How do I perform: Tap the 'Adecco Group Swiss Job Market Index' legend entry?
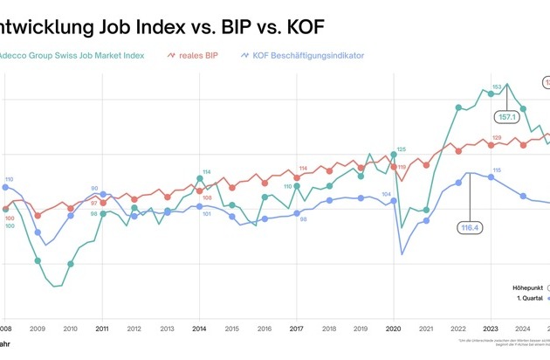pos(74,55)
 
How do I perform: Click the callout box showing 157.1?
pos(507,115)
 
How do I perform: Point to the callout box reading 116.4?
pos(471,227)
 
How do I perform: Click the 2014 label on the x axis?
pos(199,329)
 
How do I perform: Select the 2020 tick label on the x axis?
pos(393,329)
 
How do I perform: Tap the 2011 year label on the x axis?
pos(102,329)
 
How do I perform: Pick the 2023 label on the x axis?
pos(490,329)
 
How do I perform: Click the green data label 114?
pos(207,171)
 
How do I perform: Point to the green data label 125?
pos(402,149)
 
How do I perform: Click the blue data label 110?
pos(9,179)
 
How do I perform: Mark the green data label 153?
pos(497,87)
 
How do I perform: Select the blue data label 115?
pos(497,170)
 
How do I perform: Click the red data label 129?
pos(497,137)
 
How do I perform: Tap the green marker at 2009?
pos(38,260)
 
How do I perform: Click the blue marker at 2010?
pos(71,215)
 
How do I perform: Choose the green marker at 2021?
pos(426,210)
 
